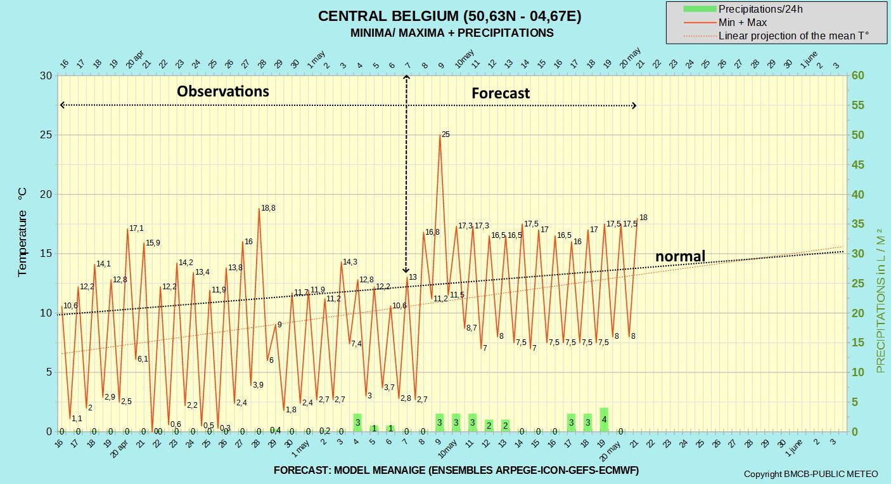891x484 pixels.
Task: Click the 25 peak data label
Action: tap(445, 134)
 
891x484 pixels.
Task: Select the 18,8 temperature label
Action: tap(268, 208)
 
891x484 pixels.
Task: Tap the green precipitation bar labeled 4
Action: tap(604, 419)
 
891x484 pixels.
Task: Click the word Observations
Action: tap(223, 91)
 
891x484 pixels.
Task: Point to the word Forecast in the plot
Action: tap(501, 93)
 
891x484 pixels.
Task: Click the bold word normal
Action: tap(680, 256)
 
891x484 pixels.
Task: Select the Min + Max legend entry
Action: tap(725, 23)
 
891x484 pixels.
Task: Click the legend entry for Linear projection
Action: tap(776, 36)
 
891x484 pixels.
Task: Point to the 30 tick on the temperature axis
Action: tap(46, 75)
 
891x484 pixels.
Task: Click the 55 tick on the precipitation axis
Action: tap(857, 105)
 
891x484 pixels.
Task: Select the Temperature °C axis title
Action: tap(22, 232)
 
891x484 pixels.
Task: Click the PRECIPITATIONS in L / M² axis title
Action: tap(881, 301)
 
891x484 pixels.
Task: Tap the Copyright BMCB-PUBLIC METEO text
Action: tap(811, 474)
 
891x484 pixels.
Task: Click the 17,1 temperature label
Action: tap(136, 228)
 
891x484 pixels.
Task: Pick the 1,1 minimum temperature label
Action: tap(77, 418)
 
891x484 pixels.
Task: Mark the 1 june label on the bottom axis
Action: tap(794, 448)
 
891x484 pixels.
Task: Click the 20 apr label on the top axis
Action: tap(135, 60)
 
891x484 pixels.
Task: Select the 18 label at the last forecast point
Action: tap(643, 218)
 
